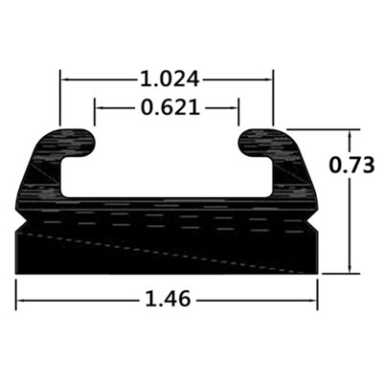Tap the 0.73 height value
pos(350,165)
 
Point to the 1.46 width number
pos(167,300)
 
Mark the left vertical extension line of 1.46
pos(16,292)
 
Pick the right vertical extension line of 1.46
pos(317,292)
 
